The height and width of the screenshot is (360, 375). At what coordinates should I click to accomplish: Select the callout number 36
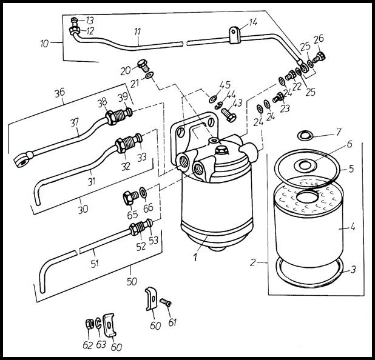click(59, 93)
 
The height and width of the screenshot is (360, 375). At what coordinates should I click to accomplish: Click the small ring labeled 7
click(305, 134)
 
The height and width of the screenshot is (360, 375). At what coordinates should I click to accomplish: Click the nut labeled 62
click(89, 324)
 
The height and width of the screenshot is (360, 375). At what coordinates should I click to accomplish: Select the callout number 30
click(83, 208)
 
